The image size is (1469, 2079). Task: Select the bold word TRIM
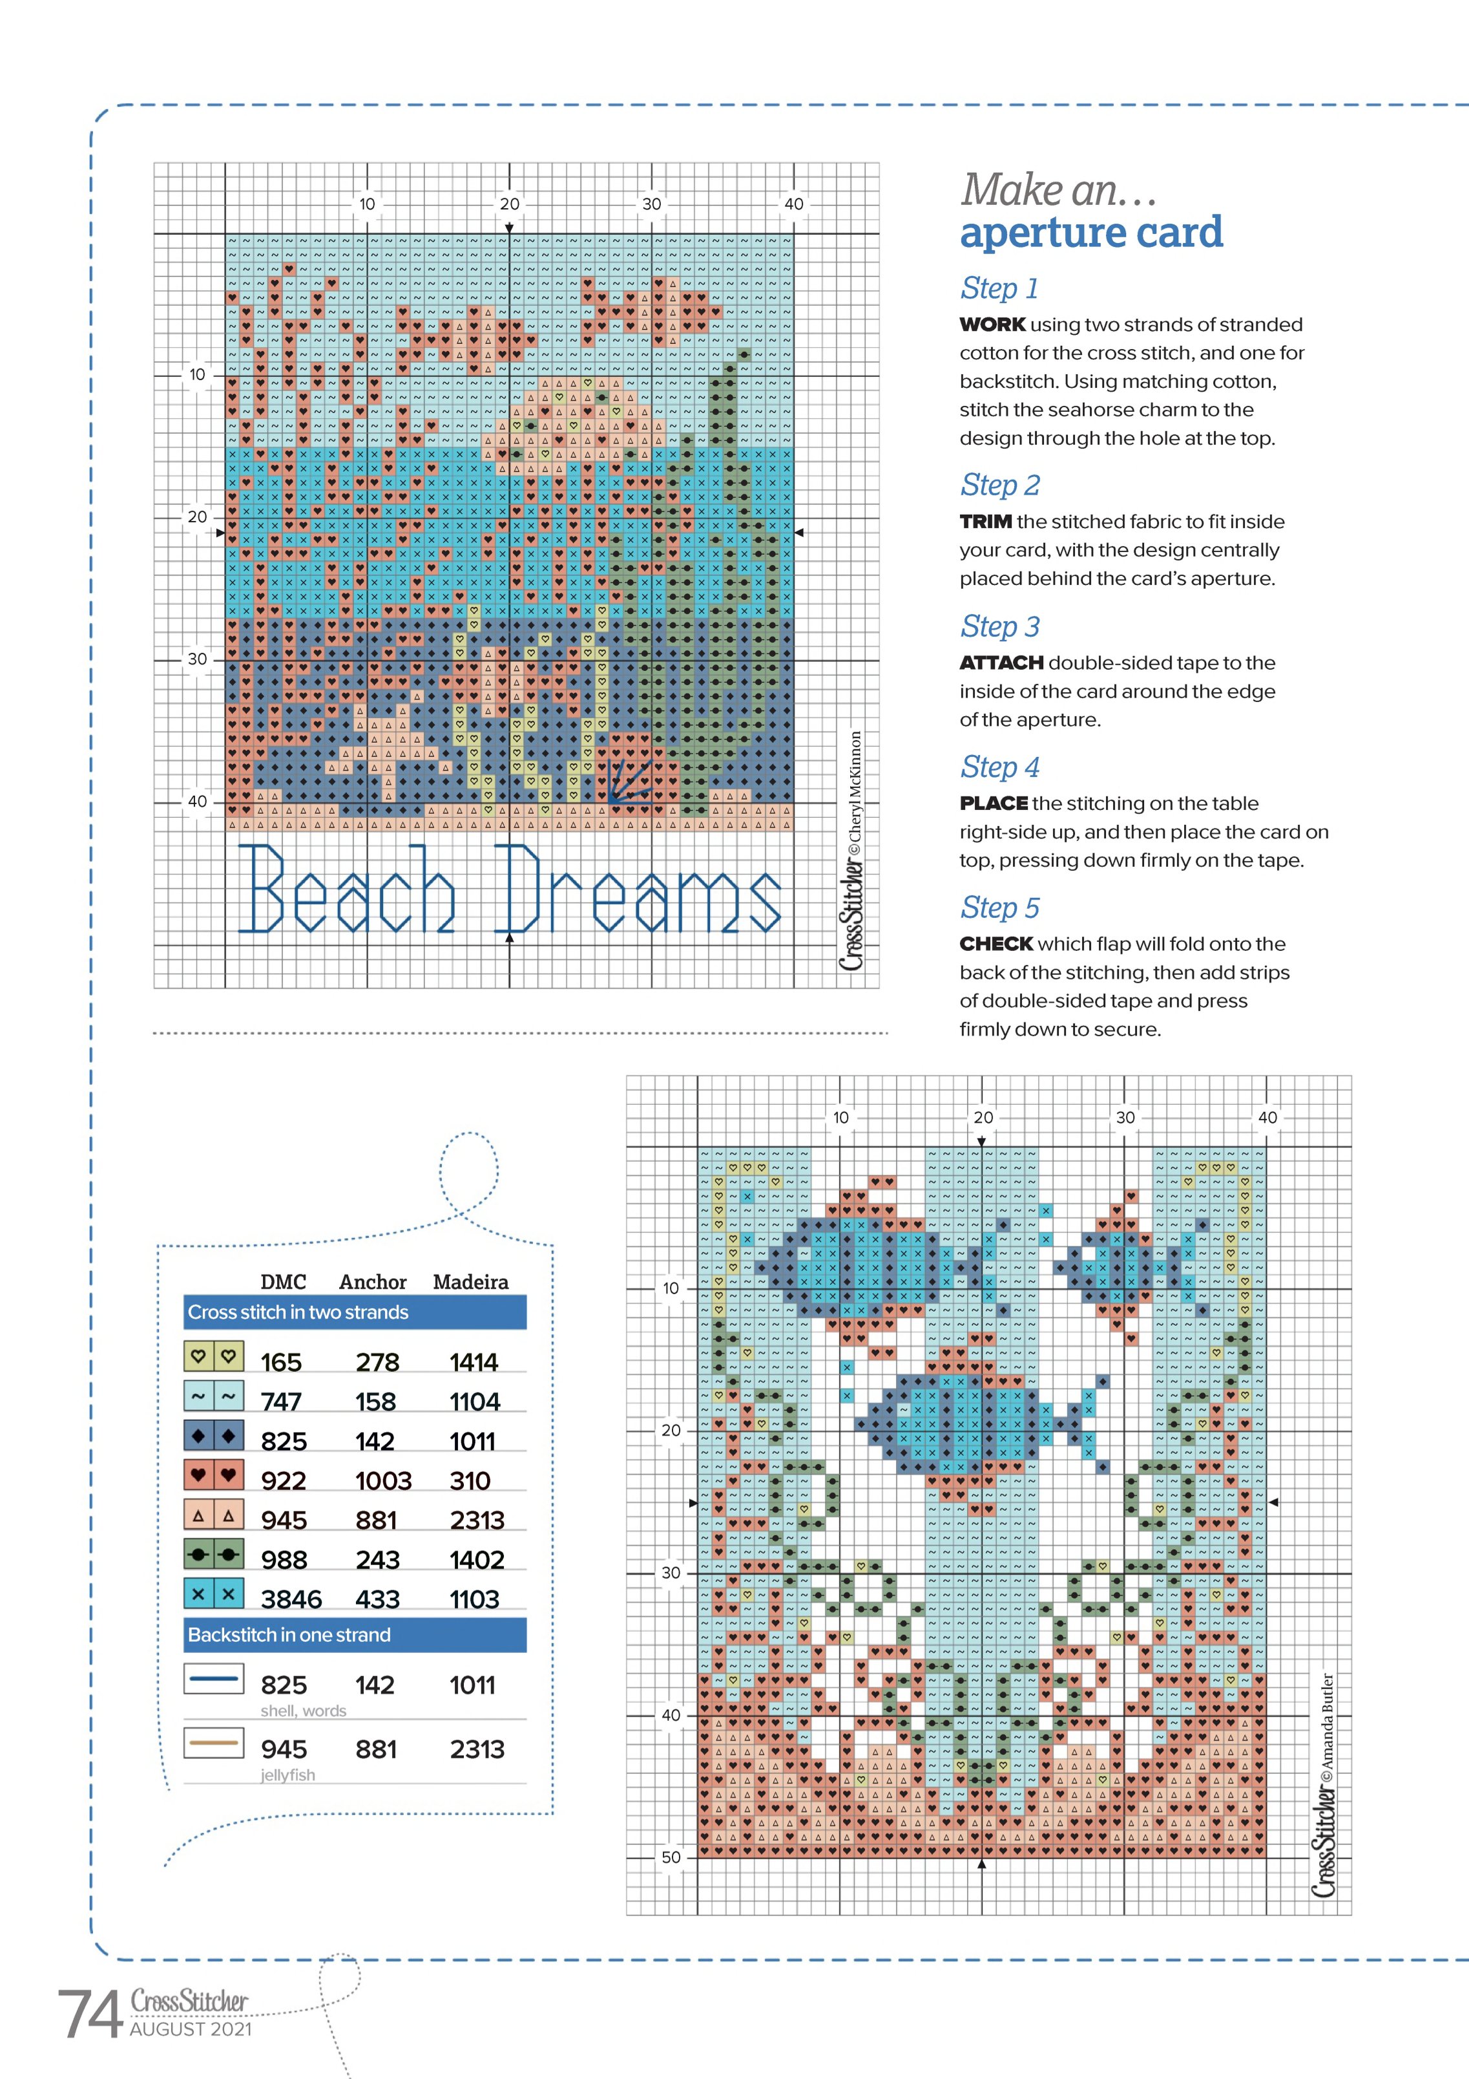pos(986,522)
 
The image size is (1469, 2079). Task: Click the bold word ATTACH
pos(1001,663)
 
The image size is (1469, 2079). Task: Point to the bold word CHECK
pos(995,944)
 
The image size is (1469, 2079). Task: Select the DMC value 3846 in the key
pos(291,1599)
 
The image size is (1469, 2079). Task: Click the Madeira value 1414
pos(474,1362)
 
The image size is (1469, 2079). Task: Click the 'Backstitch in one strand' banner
pos(289,1636)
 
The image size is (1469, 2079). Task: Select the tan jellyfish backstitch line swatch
pos(214,1742)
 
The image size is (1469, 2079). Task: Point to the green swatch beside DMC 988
pos(214,1555)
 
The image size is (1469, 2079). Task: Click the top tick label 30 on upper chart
pos(652,204)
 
